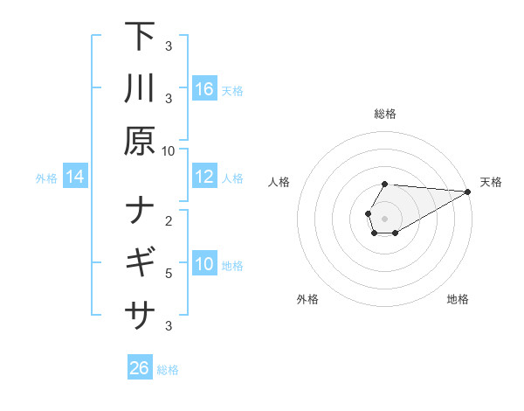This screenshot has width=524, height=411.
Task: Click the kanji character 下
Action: click(140, 37)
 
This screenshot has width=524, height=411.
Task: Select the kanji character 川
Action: click(140, 89)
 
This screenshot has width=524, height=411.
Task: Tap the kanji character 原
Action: click(140, 142)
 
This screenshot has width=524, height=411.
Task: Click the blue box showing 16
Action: click(204, 89)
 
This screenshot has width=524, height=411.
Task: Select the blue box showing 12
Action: click(204, 178)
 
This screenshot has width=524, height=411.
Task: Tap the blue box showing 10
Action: click(204, 265)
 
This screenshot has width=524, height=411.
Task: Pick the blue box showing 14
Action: click(75, 178)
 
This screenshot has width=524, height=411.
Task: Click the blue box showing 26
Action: click(140, 368)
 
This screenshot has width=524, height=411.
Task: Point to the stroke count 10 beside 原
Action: click(169, 151)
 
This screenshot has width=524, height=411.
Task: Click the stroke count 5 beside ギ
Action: click(169, 274)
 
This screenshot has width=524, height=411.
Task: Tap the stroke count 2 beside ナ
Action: click(169, 221)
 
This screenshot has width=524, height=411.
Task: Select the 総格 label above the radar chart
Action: click(384, 114)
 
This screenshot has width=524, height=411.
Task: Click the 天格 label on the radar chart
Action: click(491, 182)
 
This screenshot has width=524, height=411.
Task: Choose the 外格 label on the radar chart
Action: click(307, 299)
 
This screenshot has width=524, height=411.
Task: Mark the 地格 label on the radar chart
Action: click(458, 299)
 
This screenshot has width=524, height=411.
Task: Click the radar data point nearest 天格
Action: click(468, 192)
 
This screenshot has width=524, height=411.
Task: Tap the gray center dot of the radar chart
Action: click(384, 218)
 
